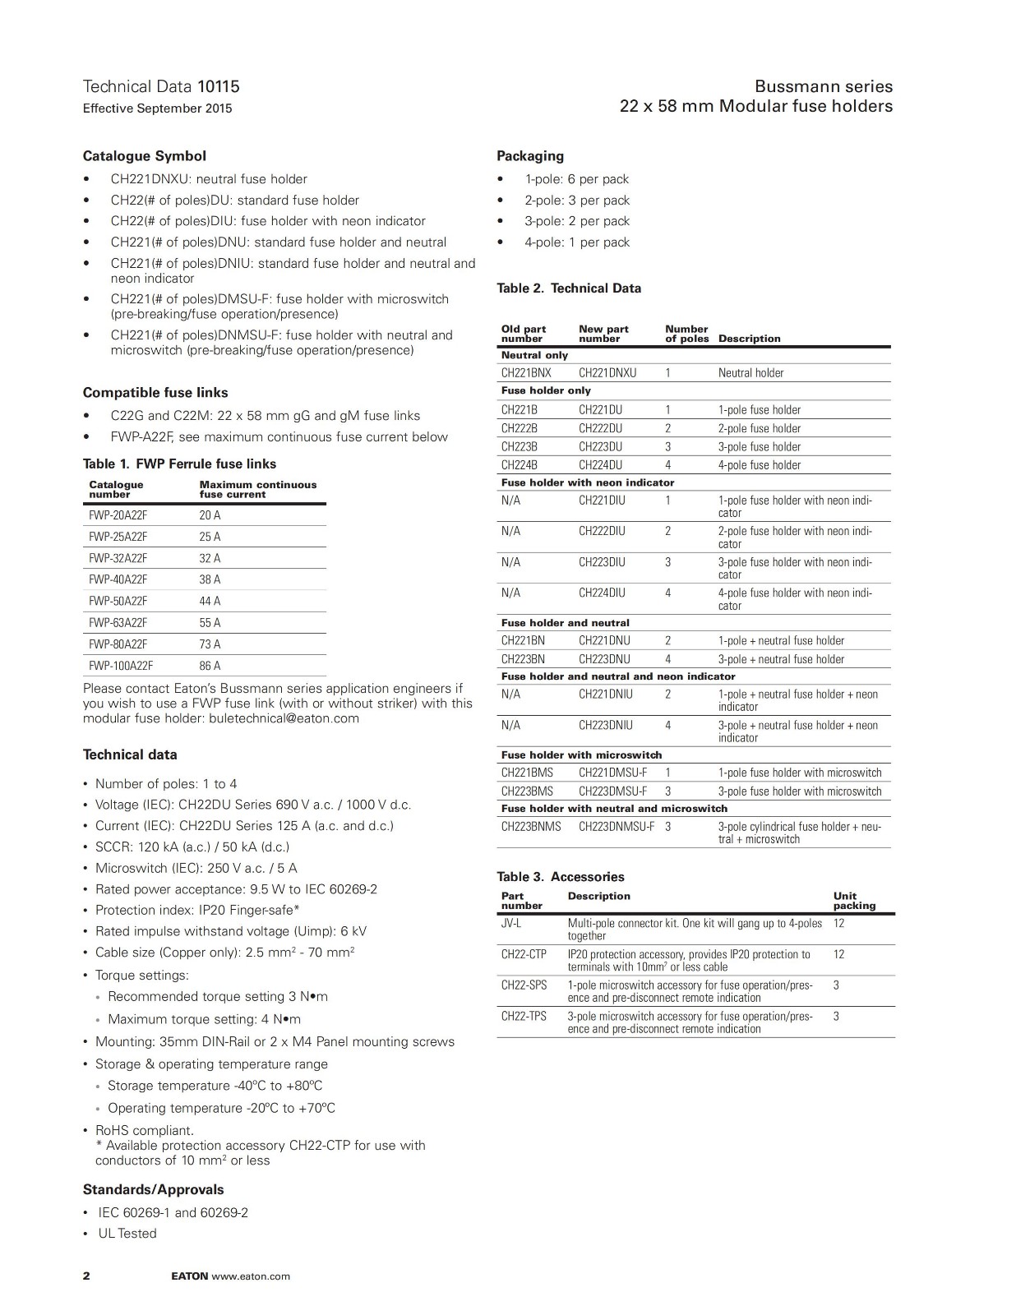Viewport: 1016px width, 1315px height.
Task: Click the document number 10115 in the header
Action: point(218,86)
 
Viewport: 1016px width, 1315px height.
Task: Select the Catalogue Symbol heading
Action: point(144,156)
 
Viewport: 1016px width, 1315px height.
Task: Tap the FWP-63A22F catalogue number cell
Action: point(118,623)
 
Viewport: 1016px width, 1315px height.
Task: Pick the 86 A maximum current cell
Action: point(210,666)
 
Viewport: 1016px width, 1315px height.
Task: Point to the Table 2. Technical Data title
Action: point(569,288)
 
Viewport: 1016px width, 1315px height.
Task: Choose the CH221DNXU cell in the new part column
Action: point(607,373)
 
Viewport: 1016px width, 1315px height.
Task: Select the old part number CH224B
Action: point(520,465)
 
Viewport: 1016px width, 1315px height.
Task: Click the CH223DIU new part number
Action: point(602,562)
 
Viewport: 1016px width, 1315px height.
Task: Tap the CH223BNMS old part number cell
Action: point(531,827)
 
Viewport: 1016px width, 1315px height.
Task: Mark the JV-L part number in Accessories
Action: point(510,924)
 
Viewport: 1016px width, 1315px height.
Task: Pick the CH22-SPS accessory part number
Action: point(524,985)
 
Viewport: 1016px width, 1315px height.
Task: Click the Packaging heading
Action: point(530,156)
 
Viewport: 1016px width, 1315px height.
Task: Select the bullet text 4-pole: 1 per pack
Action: point(577,242)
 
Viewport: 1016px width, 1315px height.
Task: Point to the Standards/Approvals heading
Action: point(153,1190)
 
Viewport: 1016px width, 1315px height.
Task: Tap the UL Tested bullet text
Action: point(127,1234)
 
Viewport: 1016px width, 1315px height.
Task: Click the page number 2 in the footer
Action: point(86,1276)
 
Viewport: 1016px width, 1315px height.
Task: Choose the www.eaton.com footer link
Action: point(251,1276)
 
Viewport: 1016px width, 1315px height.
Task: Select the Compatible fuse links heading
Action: point(155,393)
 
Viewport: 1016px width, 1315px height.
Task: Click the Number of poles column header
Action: point(686,334)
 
